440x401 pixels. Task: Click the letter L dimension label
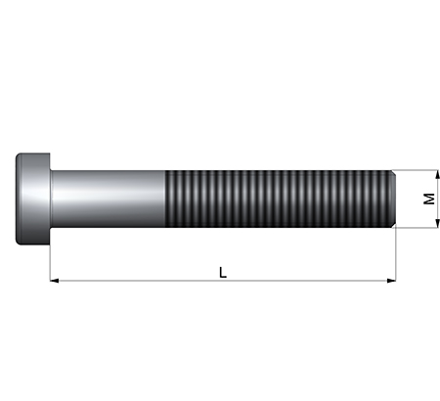pos(223,273)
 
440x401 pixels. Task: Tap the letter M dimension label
pos(429,199)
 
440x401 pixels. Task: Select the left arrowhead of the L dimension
pos(54,281)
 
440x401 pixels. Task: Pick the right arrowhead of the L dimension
pos(391,281)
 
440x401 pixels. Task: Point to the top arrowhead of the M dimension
pos(437,174)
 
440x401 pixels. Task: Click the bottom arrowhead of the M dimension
pos(437,224)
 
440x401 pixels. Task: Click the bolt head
pos(33,199)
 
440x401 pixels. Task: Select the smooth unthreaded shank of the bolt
pos(108,199)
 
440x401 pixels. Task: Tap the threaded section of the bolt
pos(279,199)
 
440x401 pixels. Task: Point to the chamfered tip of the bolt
pos(394,199)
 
